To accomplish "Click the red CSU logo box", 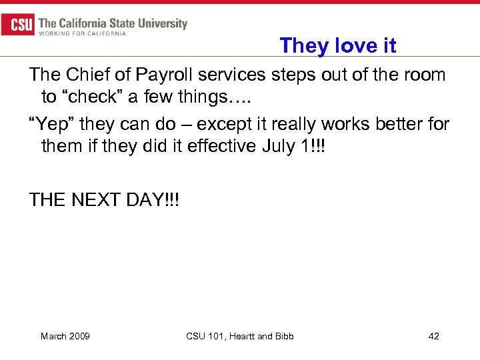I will tap(18, 25).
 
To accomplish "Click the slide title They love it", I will tap(338, 45).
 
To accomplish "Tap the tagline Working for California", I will tap(83, 34).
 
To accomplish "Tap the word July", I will tap(278, 146).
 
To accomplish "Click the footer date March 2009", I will tap(65, 336).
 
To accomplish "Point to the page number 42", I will tap(433, 336).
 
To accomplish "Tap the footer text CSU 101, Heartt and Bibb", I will tap(240, 336).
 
